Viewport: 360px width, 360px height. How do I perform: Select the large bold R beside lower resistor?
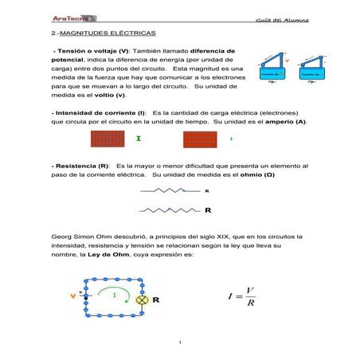tap(208, 211)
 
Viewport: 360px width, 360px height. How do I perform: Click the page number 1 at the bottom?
tap(182, 343)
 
